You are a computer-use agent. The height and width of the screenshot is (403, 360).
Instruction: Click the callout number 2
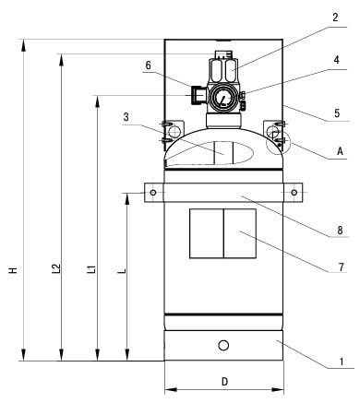[x=335, y=18]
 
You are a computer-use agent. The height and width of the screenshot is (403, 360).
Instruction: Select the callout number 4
[x=337, y=60]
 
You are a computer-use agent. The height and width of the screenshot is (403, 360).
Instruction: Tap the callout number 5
[x=337, y=113]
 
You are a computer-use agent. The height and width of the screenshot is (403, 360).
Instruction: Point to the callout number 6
[x=149, y=65]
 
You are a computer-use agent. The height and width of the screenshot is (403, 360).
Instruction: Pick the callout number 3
[x=126, y=117]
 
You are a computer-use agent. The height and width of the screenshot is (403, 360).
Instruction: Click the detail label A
[x=340, y=151]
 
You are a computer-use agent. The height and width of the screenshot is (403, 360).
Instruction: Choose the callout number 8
[x=340, y=230]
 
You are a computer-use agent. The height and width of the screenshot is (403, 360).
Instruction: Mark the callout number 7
[x=342, y=267]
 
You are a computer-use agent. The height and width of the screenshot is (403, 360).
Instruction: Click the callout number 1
[x=342, y=362]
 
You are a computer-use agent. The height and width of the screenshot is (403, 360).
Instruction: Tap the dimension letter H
[x=13, y=270]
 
